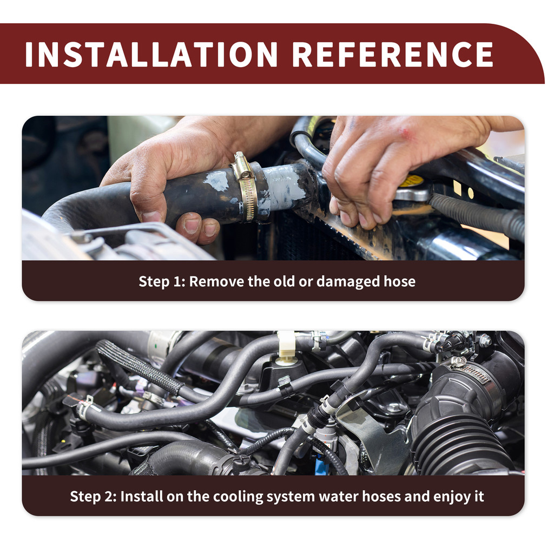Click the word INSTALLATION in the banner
[151, 54]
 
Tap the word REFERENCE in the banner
[393, 54]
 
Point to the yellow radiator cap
[412, 181]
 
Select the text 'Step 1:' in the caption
[162, 281]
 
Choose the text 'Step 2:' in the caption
[93, 497]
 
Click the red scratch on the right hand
[406, 133]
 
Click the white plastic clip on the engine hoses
[287, 344]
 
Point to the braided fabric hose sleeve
[140, 367]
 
